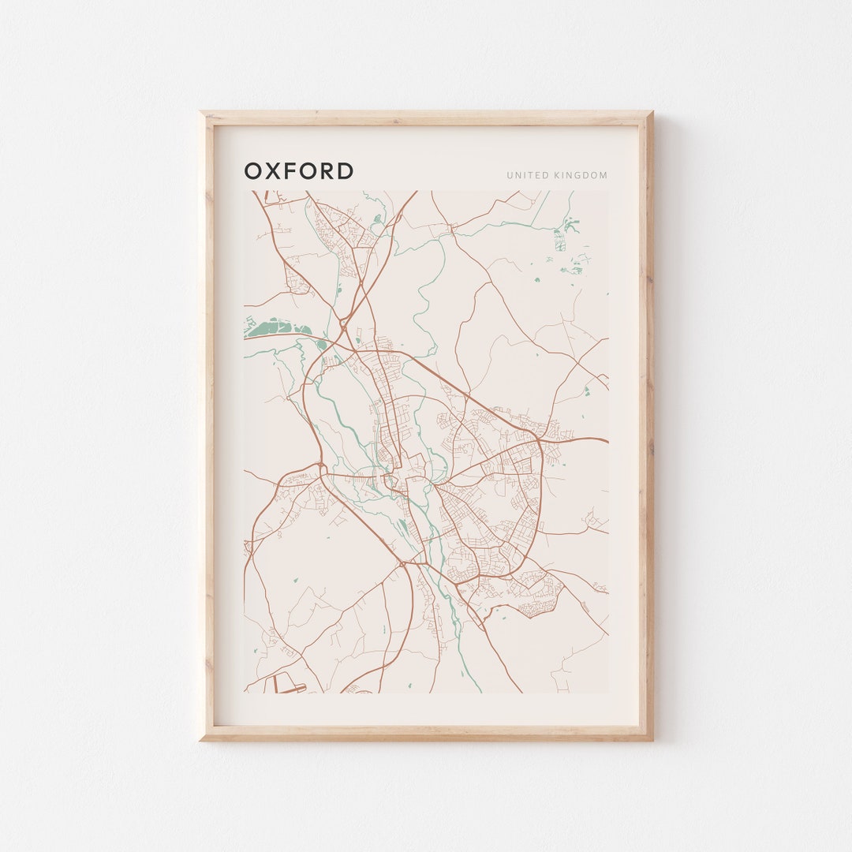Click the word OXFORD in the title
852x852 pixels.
click(299, 171)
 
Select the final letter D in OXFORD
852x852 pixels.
click(345, 171)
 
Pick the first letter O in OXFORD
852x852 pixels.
click(253, 171)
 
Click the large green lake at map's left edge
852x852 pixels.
click(276, 327)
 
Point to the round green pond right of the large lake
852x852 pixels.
click(321, 344)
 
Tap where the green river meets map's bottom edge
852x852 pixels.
click(480, 691)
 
